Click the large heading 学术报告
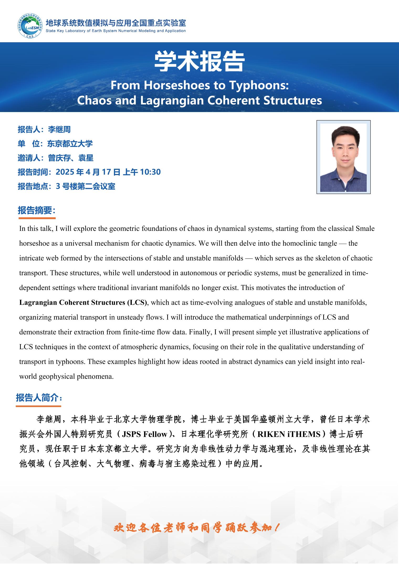tap(199, 62)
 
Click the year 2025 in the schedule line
tap(65, 172)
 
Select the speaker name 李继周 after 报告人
tap(59, 129)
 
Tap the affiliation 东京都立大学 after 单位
tap(70, 144)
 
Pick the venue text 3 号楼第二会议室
tap(86, 186)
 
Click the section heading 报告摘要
tap(36, 210)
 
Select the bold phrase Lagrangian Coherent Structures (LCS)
tap(83, 303)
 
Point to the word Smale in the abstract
tap(365, 229)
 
